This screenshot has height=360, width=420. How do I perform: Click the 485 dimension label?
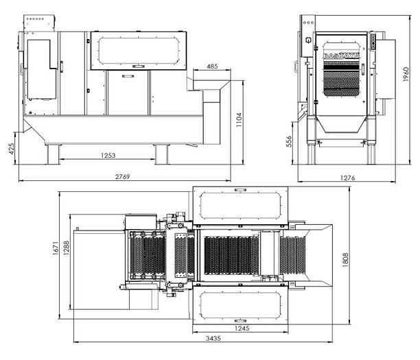click(212, 67)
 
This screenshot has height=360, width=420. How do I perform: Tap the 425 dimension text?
click(12, 149)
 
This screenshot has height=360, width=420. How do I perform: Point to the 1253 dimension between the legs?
click(108, 155)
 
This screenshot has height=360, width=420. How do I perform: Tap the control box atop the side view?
click(42, 23)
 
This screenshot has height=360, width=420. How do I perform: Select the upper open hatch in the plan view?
click(239, 205)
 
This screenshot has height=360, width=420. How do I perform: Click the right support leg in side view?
click(162, 154)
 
